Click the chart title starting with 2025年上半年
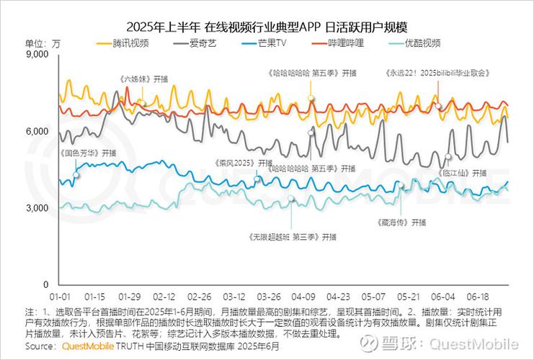(x=267, y=27)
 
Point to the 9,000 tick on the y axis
(x=35, y=54)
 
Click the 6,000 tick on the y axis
(x=35, y=131)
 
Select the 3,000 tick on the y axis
(x=35, y=208)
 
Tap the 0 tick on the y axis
(x=44, y=285)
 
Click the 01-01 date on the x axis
(x=60, y=297)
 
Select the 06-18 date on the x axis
(x=479, y=297)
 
